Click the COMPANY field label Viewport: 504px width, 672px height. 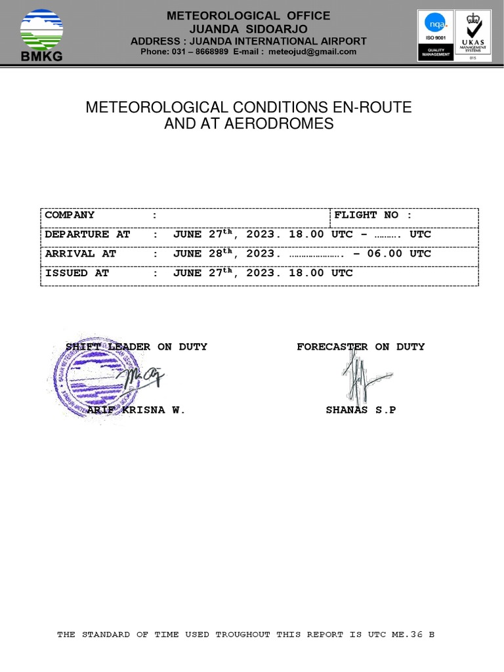pos(70,215)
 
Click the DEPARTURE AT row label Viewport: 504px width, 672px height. pos(88,234)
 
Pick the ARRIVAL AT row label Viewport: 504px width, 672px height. pos(81,253)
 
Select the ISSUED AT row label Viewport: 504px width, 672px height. pos(77,272)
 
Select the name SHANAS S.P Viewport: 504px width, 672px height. pos(361,410)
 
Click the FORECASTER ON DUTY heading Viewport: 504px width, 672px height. pos(360,346)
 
